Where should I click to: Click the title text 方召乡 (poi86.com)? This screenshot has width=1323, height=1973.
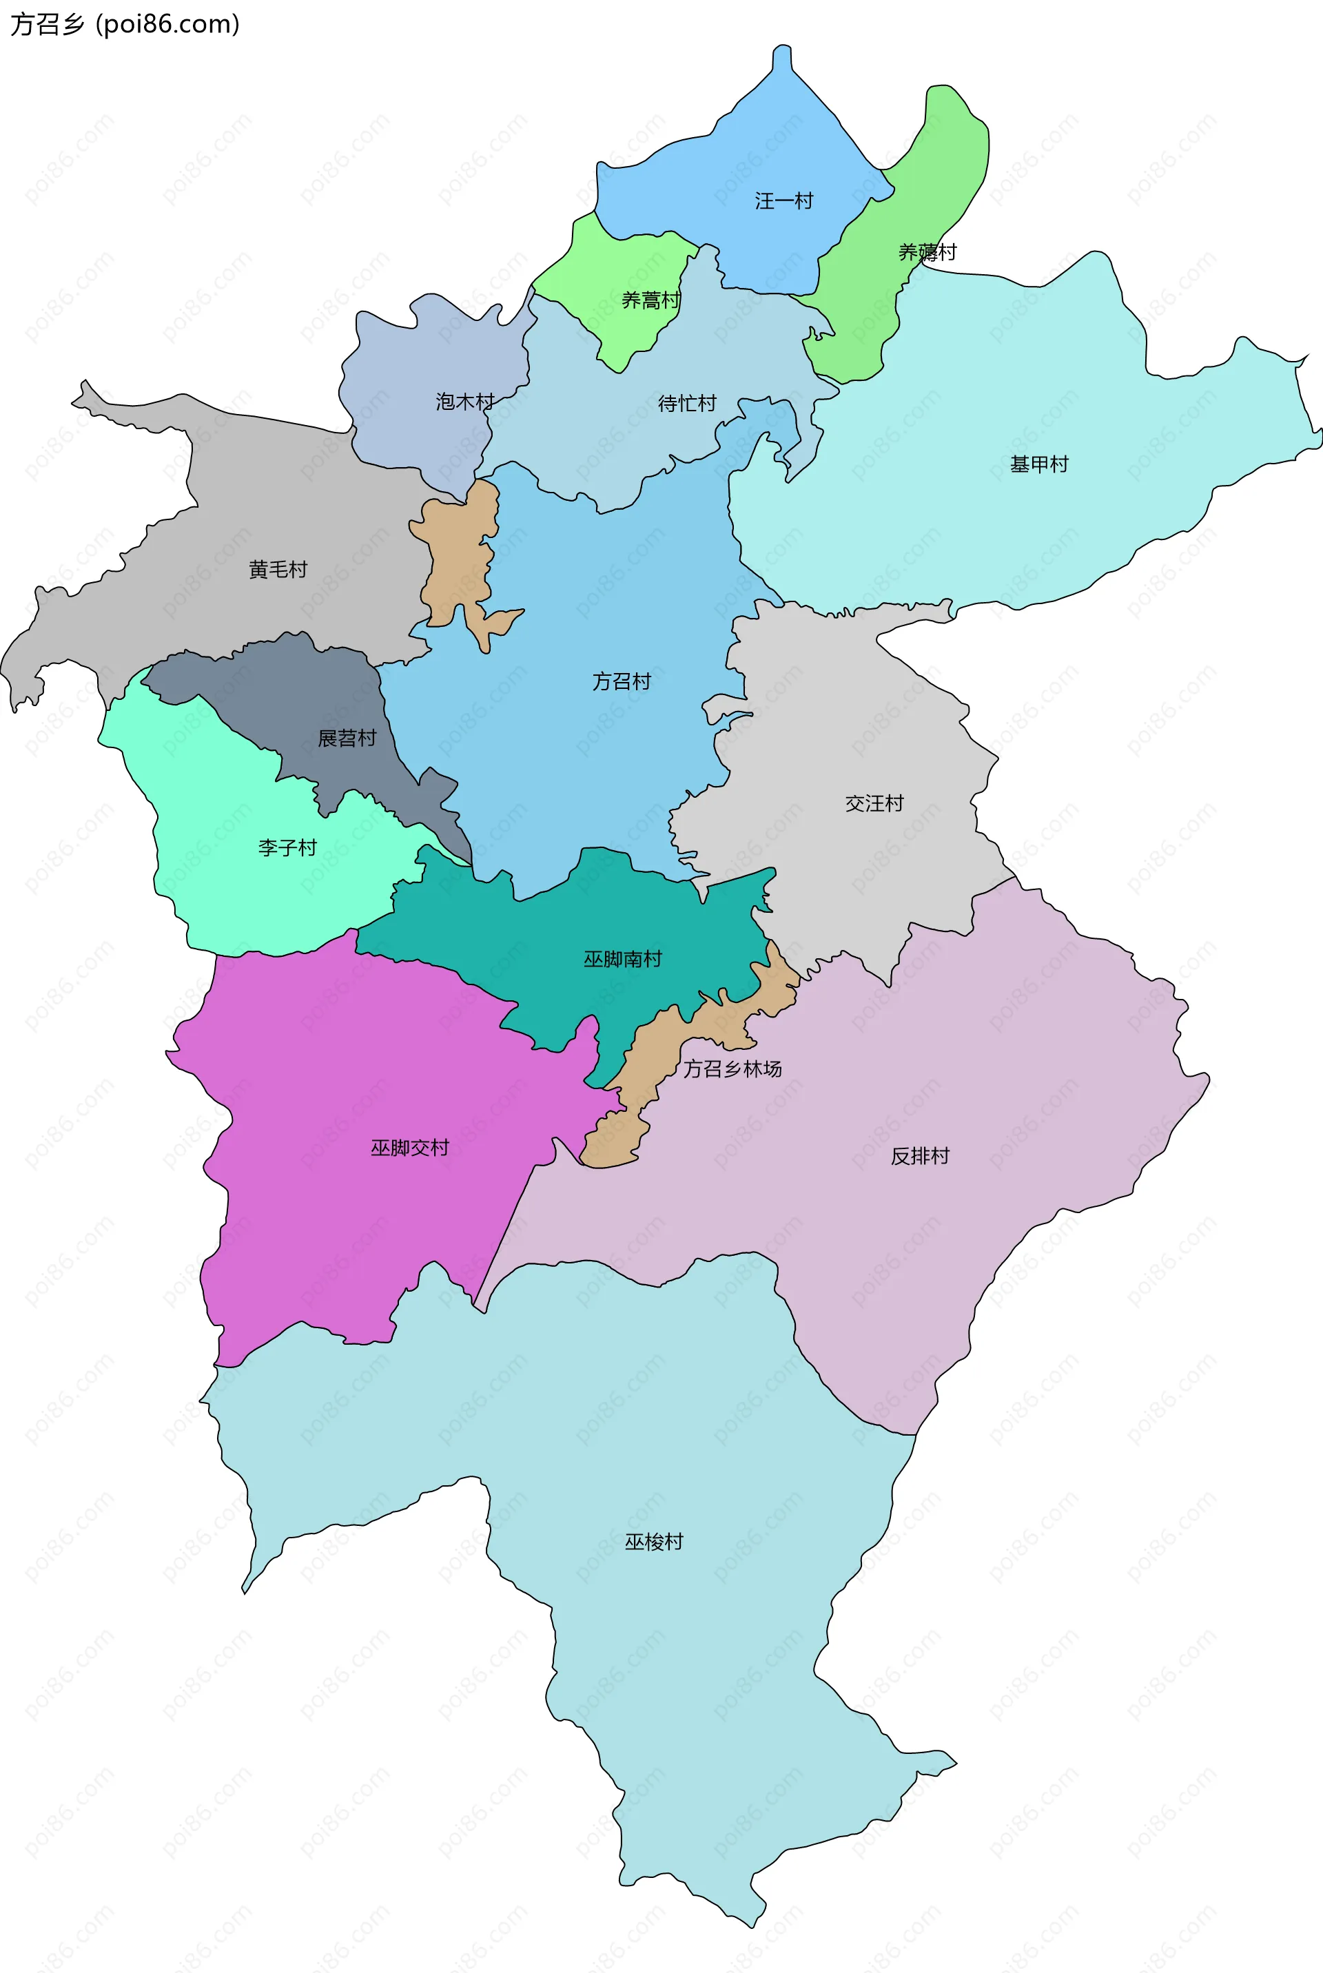tap(125, 23)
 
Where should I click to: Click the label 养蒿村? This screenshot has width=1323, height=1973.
tap(650, 300)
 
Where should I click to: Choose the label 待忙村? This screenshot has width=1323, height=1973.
tap(687, 403)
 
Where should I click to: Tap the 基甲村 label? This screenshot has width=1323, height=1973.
tap(1038, 464)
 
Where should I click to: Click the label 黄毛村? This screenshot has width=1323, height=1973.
tap(278, 570)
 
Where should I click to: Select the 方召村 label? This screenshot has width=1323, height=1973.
tap(621, 681)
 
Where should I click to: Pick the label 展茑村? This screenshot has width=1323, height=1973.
tap(346, 738)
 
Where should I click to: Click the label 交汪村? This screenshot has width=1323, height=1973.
tap(874, 803)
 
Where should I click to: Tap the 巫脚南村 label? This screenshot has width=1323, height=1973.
tap(623, 958)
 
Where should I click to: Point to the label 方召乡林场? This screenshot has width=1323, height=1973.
tap(732, 1068)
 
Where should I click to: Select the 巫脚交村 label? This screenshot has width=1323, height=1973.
tap(409, 1147)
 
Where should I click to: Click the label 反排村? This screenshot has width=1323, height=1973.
tap(920, 1156)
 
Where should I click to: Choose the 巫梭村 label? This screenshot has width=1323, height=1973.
tap(653, 1542)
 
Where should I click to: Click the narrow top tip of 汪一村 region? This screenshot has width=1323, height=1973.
tap(782, 57)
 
